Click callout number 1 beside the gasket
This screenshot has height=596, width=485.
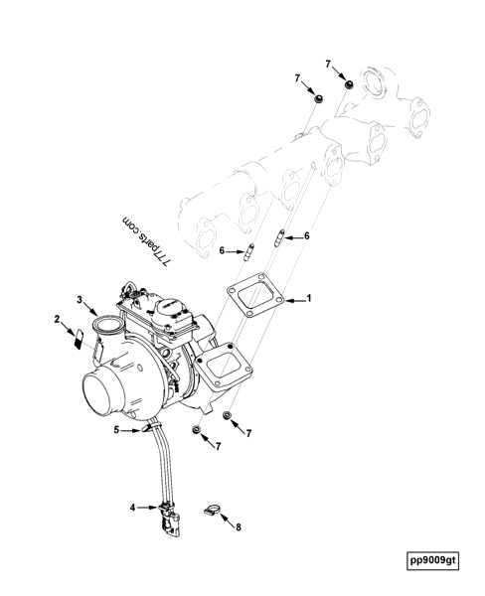point(309,298)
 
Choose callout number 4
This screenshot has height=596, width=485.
point(132,507)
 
